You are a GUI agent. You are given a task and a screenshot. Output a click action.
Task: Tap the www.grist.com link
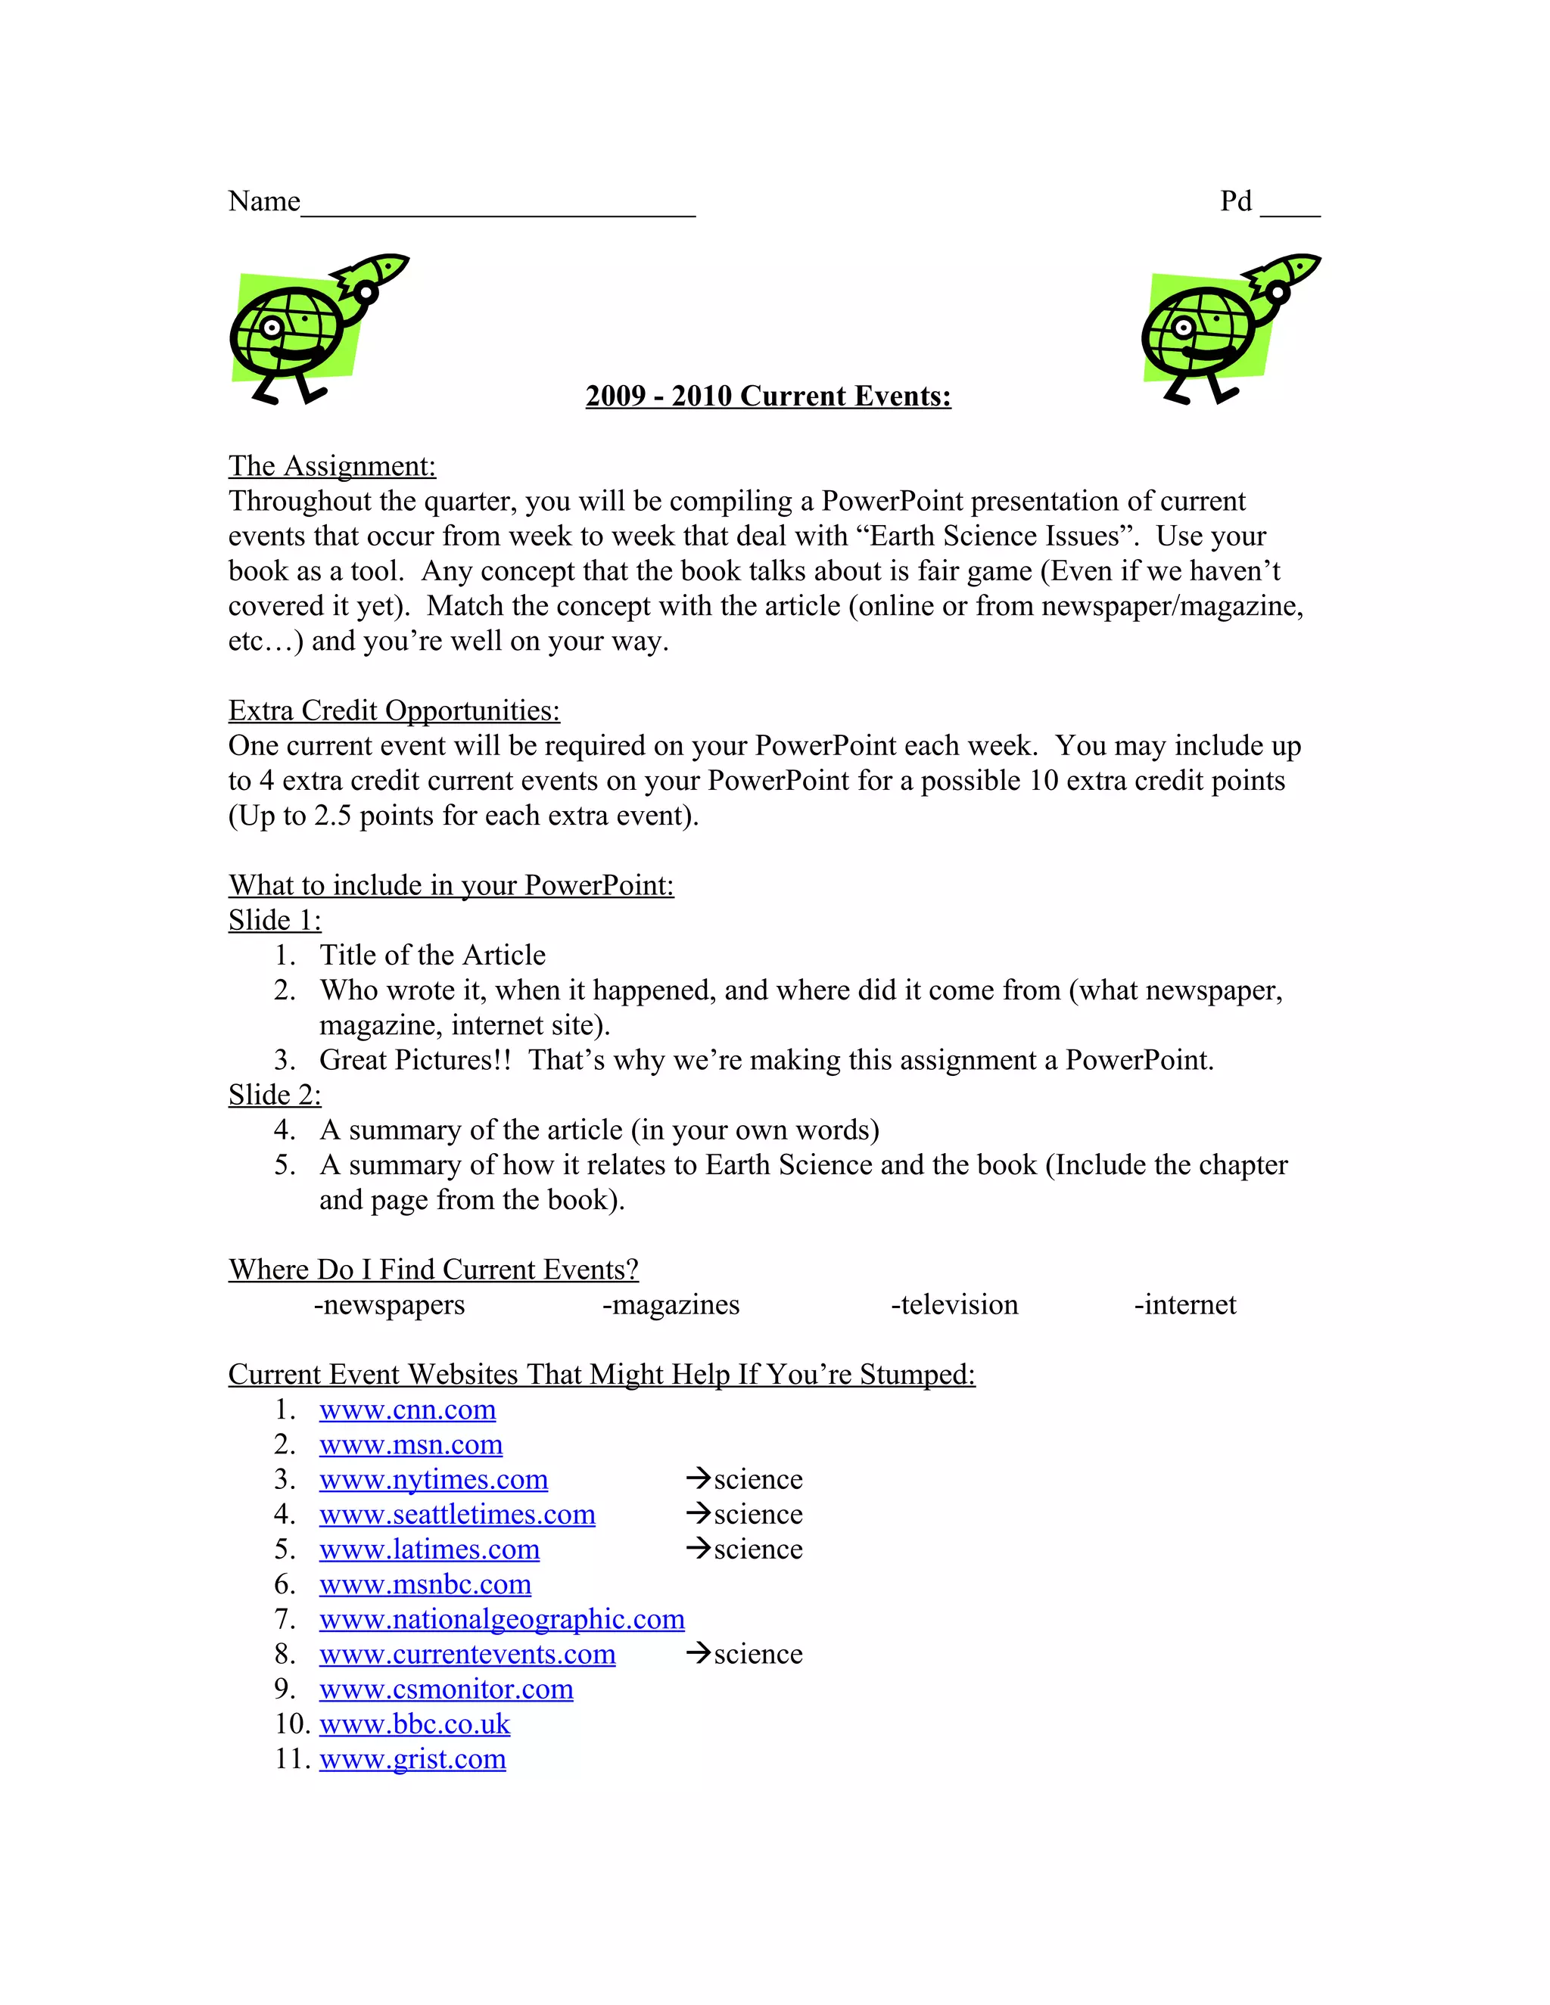pos(412,1759)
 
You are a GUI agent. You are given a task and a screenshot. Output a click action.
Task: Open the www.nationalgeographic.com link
pos(501,1619)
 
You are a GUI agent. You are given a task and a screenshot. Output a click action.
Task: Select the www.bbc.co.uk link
pos(414,1724)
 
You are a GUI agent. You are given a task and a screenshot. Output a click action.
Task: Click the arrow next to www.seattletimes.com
pos(698,1513)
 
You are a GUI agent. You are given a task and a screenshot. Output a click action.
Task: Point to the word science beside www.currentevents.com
pos(758,1654)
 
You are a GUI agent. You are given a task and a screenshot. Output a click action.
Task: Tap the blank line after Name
pos(498,210)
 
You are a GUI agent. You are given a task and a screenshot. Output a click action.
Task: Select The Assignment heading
pos(331,466)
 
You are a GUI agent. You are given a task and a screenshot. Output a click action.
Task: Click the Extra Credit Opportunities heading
pos(394,710)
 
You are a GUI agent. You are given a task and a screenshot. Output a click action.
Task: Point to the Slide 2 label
pos(275,1096)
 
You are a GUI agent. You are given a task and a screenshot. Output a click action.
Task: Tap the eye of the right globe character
pos(1184,328)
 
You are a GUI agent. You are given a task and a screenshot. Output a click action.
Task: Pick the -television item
pos(954,1304)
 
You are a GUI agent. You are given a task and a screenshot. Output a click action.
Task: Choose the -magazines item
pos(671,1304)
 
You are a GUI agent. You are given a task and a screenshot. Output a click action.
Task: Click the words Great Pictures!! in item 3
pos(415,1060)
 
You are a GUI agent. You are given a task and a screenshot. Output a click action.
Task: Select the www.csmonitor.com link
pos(447,1689)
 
